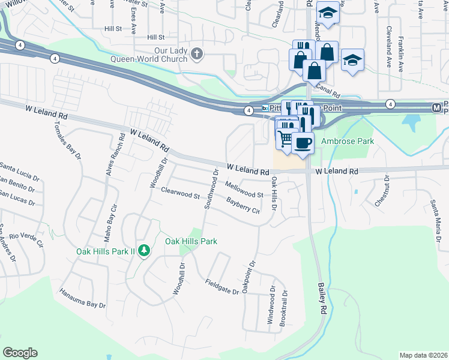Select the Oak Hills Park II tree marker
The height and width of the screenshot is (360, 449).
(x=143, y=250)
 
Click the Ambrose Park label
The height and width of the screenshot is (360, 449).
(x=348, y=141)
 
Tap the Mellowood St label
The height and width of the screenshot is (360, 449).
(x=244, y=190)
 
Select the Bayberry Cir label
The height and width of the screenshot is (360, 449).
(x=243, y=205)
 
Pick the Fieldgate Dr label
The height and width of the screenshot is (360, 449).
(x=221, y=286)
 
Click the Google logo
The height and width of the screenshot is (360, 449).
(x=20, y=353)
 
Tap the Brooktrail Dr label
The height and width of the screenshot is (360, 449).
(x=283, y=308)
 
